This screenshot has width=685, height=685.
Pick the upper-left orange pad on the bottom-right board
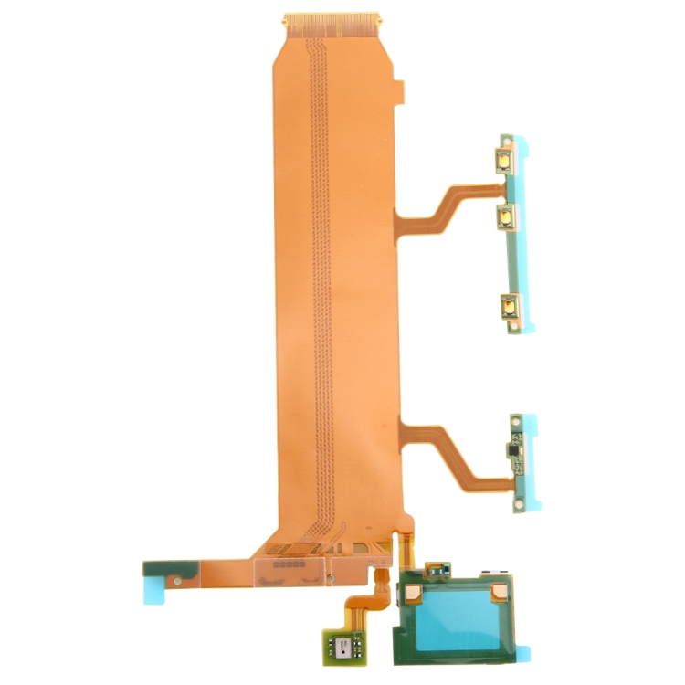pos(414,595)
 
